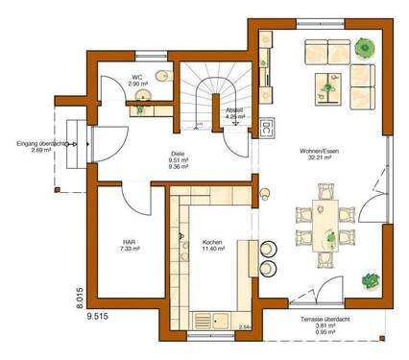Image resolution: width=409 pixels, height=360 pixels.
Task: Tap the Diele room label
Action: tap(177, 153)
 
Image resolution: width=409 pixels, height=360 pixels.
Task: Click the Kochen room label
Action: tap(212, 243)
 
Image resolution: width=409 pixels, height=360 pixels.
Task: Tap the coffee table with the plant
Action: tap(325, 88)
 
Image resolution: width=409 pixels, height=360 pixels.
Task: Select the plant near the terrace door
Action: tap(369, 281)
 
